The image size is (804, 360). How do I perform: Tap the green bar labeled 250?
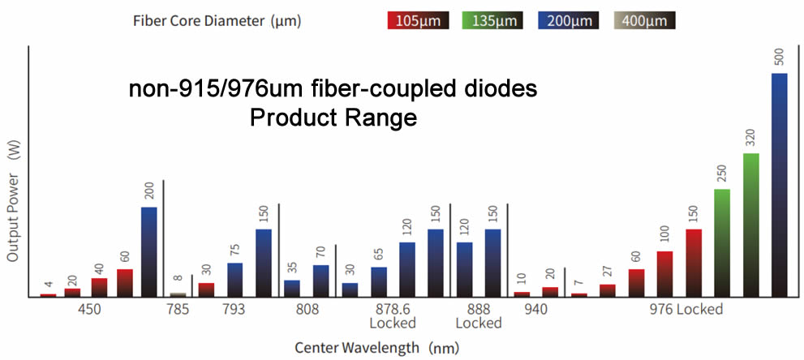722,242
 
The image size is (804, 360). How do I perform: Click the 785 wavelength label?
178,309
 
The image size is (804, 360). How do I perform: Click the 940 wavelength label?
535,309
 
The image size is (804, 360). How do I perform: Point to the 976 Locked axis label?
688,309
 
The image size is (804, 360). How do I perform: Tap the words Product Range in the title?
333,118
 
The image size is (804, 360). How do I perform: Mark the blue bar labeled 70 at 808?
320,281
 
